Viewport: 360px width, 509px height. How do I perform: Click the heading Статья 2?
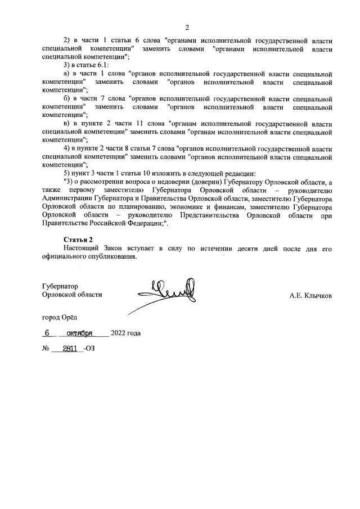(x=78, y=240)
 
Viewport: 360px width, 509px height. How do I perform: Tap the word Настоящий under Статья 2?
(x=82, y=248)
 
